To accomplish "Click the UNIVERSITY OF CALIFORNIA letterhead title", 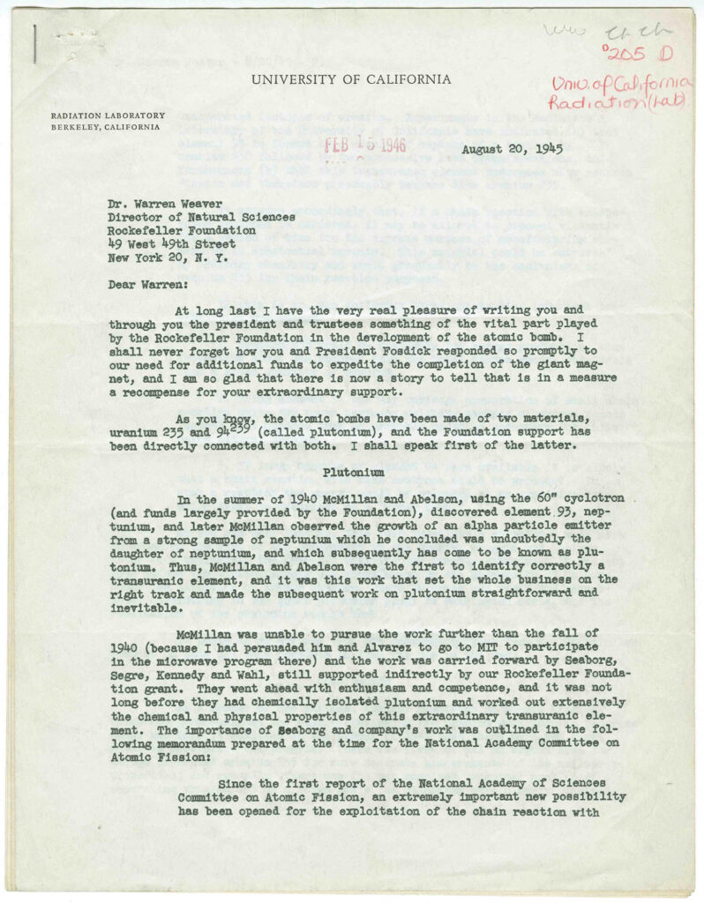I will point(351,79).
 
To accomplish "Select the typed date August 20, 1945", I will point(513,149).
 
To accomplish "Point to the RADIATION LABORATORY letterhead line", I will point(108,116).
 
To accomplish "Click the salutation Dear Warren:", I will point(140,285).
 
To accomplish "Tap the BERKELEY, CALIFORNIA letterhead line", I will point(105,127).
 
